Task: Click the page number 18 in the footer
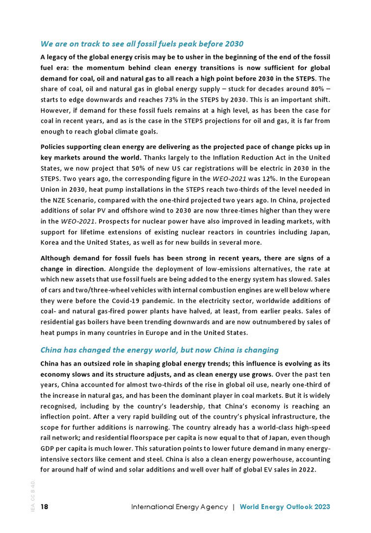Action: click(45, 507)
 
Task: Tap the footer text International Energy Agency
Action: click(180, 507)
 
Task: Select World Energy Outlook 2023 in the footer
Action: click(285, 507)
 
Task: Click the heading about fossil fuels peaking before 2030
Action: click(142, 43)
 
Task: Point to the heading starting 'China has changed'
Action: click(160, 350)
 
